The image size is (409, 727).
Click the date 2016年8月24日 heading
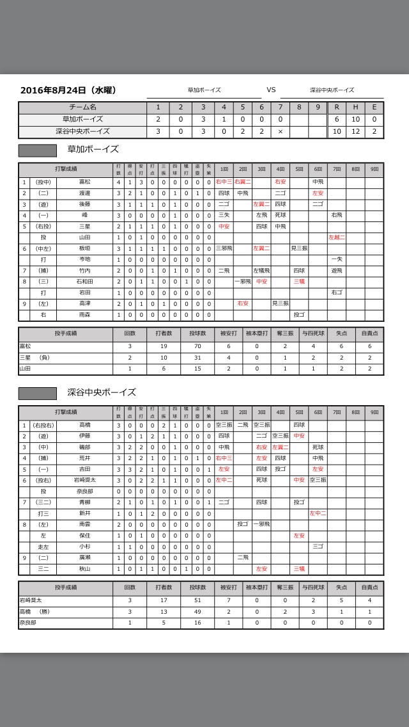[68, 90]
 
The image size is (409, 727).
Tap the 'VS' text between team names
[271, 90]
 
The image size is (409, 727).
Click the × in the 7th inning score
[280, 131]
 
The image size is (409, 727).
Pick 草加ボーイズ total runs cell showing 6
[337, 120]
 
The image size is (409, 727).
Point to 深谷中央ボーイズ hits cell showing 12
[355, 131]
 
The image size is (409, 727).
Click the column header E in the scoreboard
[374, 108]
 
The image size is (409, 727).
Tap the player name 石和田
[84, 281]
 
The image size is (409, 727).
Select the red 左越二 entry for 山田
[336, 237]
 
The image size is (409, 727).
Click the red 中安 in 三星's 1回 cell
[224, 226]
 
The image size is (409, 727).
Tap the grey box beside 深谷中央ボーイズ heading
[38, 393]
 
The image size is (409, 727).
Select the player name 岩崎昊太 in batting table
[84, 480]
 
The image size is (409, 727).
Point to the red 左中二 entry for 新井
[318, 513]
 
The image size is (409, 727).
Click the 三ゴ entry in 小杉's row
[318, 547]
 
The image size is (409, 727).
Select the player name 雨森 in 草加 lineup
[84, 315]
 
